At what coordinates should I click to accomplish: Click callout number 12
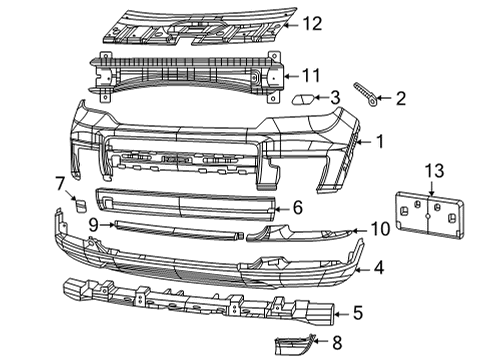tap(314, 22)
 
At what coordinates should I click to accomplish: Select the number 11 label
tap(314, 74)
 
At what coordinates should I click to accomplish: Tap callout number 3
tap(336, 97)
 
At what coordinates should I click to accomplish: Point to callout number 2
tap(401, 98)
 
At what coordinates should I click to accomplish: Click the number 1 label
tap(379, 143)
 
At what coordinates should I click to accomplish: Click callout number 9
tap(92, 226)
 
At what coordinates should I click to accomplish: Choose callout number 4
tap(379, 267)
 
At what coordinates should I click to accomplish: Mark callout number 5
tap(358, 312)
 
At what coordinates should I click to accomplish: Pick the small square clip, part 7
tap(73, 206)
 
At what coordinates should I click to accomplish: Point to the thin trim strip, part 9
tap(175, 228)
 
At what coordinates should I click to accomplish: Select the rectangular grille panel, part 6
tap(185, 203)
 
